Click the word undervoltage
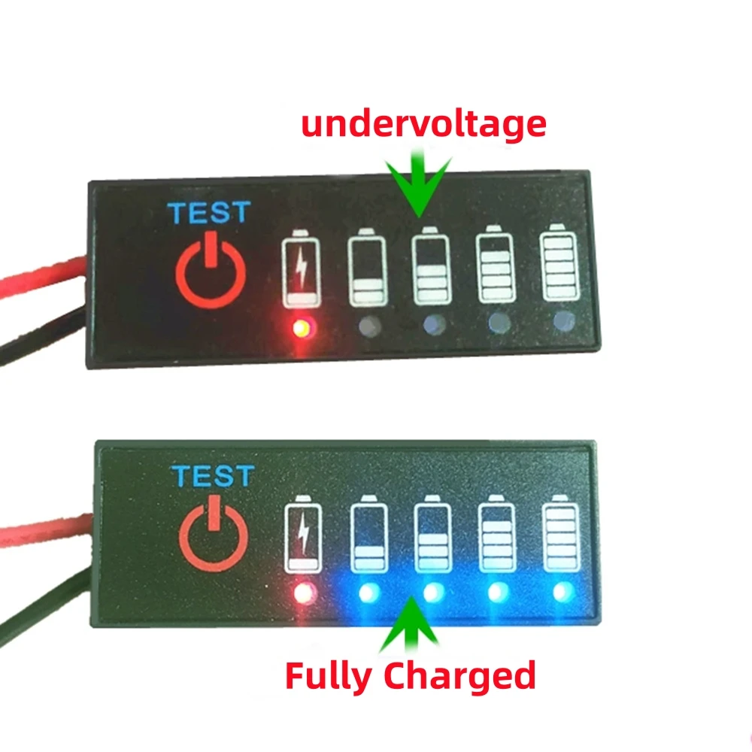(423, 123)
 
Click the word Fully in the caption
(330, 675)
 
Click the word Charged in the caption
(459, 675)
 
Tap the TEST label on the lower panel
(212, 476)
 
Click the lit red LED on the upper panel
(302, 327)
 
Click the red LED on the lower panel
(305, 593)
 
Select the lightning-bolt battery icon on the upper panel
(300, 271)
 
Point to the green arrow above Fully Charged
(411, 624)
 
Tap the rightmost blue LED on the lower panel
(561, 593)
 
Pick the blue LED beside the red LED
(368, 593)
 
